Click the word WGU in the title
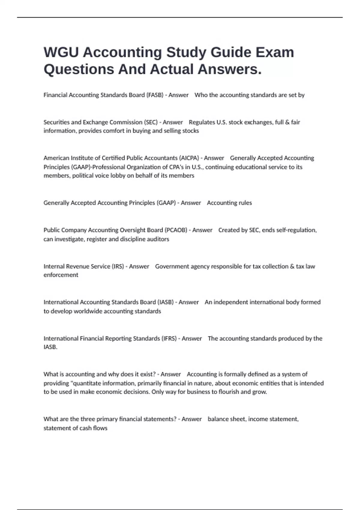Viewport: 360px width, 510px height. click(x=61, y=52)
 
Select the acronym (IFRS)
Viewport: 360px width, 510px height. click(x=169, y=338)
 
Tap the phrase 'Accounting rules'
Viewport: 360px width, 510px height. click(x=229, y=203)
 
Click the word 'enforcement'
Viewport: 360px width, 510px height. click(x=61, y=275)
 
